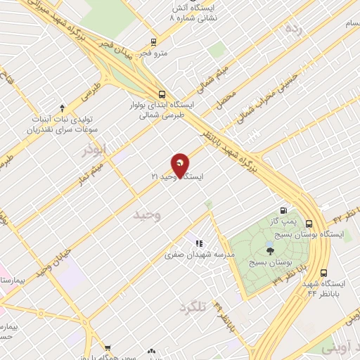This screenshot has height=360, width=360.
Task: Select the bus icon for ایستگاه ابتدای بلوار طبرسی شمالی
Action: [163, 94]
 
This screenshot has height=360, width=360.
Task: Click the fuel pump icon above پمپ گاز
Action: [283, 210]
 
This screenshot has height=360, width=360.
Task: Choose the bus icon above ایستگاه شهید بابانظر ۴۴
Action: [323, 273]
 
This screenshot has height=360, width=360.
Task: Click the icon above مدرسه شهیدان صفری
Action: [200, 243]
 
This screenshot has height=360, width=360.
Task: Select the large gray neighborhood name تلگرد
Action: [195, 307]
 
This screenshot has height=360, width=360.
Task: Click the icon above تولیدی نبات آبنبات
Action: [62, 108]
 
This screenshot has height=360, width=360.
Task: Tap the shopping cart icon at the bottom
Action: [108, 348]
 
